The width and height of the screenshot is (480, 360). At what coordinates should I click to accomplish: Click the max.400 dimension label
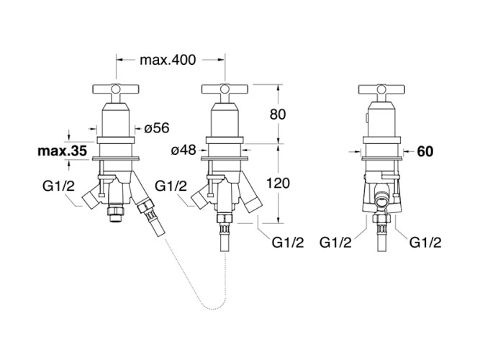[168, 60]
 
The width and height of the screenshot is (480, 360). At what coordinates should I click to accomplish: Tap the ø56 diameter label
[156, 127]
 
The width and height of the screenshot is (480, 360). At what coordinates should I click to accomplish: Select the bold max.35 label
[63, 152]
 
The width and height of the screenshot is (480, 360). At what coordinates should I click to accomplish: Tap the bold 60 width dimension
[425, 151]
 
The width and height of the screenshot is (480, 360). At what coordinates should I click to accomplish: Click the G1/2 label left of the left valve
[58, 186]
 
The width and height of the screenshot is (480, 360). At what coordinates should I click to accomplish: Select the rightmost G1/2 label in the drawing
[425, 243]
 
